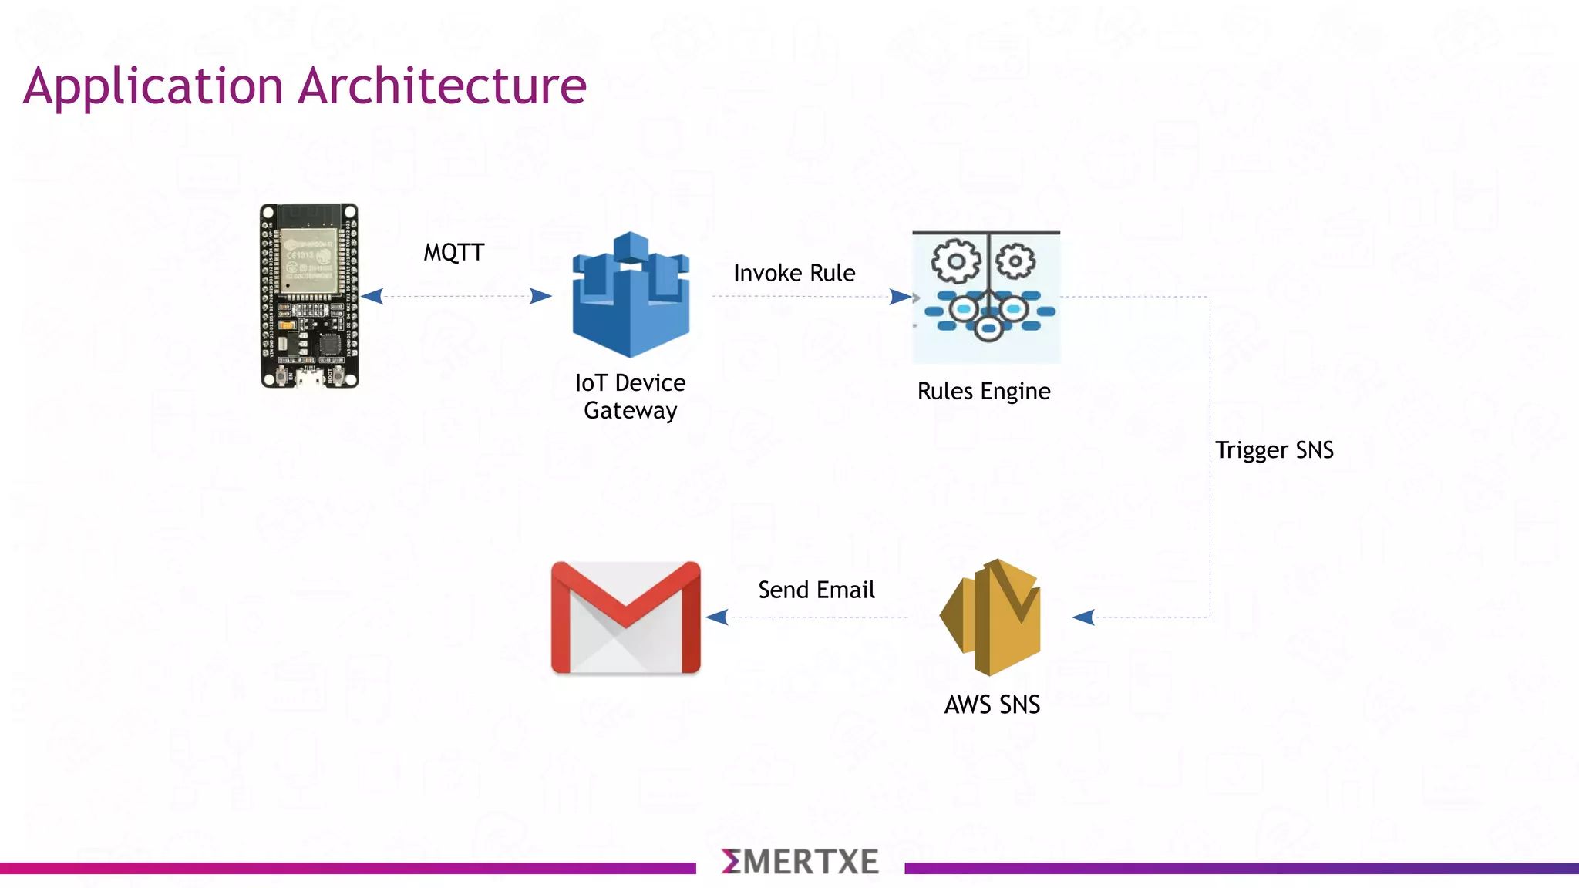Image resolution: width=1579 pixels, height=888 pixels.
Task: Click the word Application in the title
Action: point(153,87)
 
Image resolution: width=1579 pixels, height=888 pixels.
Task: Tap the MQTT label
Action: point(453,252)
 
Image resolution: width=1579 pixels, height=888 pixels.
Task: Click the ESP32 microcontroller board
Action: point(309,295)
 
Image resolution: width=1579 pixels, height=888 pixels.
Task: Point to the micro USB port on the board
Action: point(309,378)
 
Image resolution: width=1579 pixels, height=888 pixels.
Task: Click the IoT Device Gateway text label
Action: point(630,396)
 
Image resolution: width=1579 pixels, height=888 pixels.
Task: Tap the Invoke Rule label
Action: point(794,273)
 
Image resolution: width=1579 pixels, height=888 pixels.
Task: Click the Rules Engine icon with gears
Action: point(986,297)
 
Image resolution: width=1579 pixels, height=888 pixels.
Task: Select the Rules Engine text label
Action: point(983,391)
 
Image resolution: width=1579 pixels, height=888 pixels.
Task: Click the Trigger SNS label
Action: point(1274,449)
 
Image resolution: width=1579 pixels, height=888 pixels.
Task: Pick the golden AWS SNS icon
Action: point(991,617)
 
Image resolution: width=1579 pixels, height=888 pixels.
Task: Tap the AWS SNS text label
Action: point(992,705)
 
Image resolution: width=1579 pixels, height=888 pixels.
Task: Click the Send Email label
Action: point(816,590)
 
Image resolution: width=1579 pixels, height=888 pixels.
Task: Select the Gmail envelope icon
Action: point(625,617)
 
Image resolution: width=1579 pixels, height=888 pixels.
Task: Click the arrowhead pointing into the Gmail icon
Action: point(717,617)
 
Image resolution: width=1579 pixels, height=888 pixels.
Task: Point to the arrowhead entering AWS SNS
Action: point(1083,617)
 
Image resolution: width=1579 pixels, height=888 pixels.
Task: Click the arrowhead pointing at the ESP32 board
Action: point(372,296)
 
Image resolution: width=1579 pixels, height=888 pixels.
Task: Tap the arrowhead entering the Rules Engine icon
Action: point(900,297)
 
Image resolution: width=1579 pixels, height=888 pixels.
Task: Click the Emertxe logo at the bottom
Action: point(800,862)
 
